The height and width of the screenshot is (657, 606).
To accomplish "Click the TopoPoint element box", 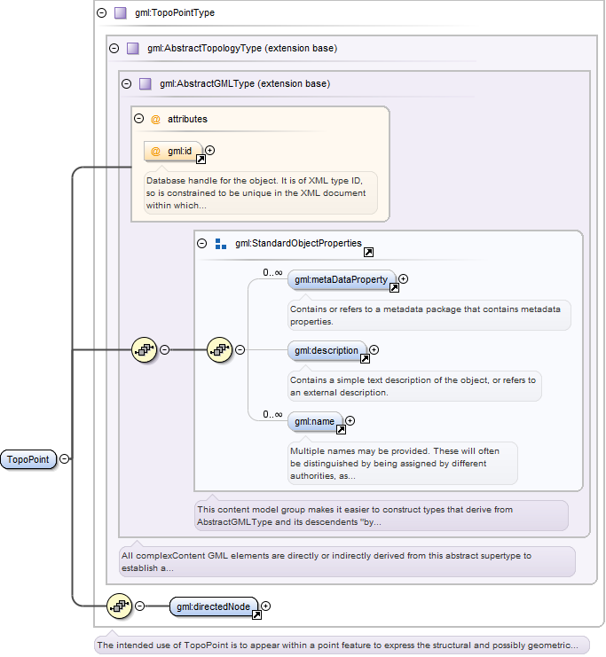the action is [x=28, y=459].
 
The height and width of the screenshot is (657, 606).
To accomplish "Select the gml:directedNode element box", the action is [x=214, y=606].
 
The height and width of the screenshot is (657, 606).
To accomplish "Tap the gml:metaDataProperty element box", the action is [x=342, y=279].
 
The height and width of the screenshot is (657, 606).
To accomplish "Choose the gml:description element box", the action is [x=327, y=350].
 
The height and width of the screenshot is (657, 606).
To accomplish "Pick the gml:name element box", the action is [x=314, y=421].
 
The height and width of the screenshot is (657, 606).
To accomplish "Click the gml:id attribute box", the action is [x=173, y=152].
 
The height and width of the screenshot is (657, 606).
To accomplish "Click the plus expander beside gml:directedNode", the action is [x=266, y=606].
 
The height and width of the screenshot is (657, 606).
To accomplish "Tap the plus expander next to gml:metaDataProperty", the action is [x=403, y=278].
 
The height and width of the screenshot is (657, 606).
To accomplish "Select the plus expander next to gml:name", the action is [x=350, y=420].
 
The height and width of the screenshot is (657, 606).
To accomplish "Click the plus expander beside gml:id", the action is [x=210, y=150].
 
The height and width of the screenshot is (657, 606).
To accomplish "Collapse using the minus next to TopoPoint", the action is [x=64, y=458].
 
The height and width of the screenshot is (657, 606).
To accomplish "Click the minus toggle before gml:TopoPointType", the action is [x=101, y=12].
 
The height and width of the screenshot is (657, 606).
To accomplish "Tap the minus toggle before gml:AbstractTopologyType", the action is [x=114, y=48].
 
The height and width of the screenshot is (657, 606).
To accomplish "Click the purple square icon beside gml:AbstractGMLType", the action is [x=146, y=84].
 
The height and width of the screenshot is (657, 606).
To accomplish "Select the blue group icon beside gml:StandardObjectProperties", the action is [x=221, y=244].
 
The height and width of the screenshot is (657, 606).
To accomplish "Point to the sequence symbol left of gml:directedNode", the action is [x=120, y=606].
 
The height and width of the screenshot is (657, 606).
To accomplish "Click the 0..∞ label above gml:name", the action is [x=272, y=414].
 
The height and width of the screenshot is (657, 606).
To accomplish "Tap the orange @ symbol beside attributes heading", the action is [x=155, y=120].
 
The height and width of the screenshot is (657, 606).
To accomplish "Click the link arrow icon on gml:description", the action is [x=365, y=359].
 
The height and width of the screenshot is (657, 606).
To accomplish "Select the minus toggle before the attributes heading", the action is [x=138, y=119].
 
